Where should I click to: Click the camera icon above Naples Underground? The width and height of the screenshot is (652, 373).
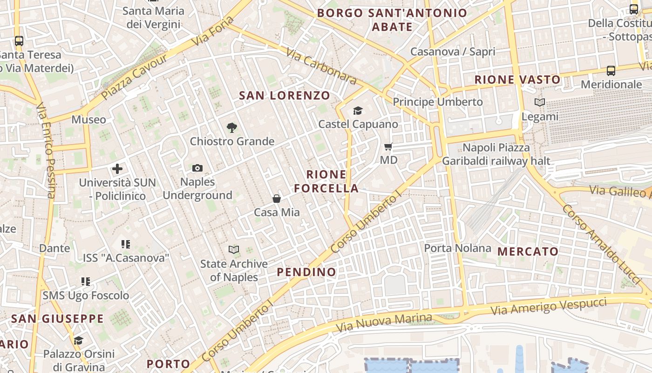pyautogui.click(x=197, y=168)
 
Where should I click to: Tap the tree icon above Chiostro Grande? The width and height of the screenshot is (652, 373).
pyautogui.click(x=231, y=127)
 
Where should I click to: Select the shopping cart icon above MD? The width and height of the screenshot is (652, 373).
pyautogui.click(x=388, y=147)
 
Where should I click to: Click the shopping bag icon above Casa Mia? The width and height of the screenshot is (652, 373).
pyautogui.click(x=277, y=199)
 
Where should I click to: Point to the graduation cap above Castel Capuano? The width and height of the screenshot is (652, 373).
pyautogui.click(x=358, y=111)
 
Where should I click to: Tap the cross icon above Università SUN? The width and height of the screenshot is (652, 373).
pyautogui.click(x=117, y=168)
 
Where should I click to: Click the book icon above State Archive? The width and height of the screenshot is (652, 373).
pyautogui.click(x=234, y=250)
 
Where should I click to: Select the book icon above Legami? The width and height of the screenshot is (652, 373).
pyautogui.click(x=540, y=102)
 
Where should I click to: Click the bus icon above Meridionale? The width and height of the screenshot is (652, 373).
pyautogui.click(x=611, y=71)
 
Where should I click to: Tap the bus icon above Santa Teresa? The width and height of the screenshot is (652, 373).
pyautogui.click(x=19, y=41)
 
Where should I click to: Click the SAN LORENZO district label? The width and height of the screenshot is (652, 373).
pyautogui.click(x=285, y=96)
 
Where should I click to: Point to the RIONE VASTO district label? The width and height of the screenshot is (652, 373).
pyautogui.click(x=517, y=80)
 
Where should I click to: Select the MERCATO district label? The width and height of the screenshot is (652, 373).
pyautogui.click(x=528, y=252)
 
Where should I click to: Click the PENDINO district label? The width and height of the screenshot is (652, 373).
pyautogui.click(x=306, y=272)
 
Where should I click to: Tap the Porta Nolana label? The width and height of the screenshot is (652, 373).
pyautogui.click(x=457, y=248)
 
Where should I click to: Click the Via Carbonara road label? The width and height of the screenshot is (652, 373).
pyautogui.click(x=321, y=67)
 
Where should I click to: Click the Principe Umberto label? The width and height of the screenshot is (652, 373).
pyautogui.click(x=438, y=102)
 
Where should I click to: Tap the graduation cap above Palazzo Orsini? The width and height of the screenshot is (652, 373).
pyautogui.click(x=78, y=340)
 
